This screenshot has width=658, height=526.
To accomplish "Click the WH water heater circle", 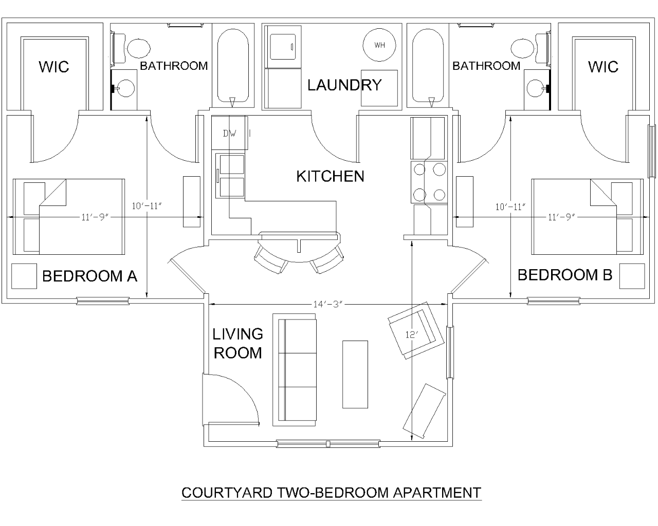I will click(x=379, y=45).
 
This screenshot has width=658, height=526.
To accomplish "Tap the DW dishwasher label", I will click(x=229, y=134).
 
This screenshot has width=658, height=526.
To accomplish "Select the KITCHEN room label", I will click(x=330, y=176).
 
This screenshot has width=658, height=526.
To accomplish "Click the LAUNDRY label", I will click(x=344, y=85).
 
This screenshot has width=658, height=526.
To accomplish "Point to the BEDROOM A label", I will click(x=89, y=276).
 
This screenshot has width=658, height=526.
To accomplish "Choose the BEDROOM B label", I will click(x=564, y=275).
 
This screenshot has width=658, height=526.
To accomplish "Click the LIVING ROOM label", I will click(x=237, y=343).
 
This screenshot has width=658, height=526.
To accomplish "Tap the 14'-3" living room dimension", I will click(x=328, y=304).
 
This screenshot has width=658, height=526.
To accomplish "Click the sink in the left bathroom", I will click(x=124, y=88).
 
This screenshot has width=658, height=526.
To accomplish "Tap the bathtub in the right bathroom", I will click(x=428, y=66).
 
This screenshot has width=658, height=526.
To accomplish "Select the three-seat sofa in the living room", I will click(x=295, y=372).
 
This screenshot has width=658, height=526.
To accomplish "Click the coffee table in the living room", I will click(x=355, y=374).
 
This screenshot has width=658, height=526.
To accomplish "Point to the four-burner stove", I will click(x=429, y=182).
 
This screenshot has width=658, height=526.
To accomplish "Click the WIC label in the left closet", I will click(x=53, y=67).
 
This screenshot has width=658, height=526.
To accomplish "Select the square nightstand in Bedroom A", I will click(x=24, y=276).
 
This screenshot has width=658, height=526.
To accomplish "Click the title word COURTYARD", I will click(x=228, y=493).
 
